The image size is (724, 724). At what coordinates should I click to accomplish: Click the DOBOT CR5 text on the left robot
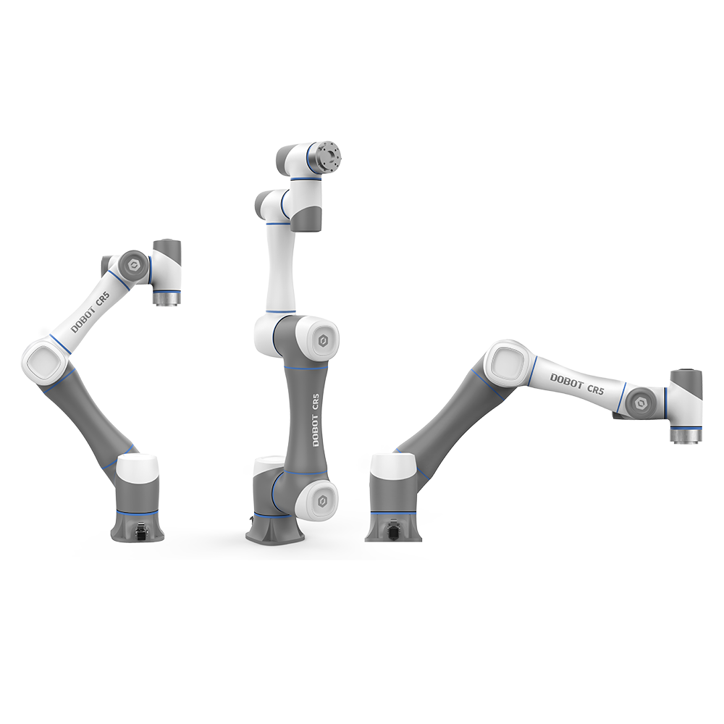pos(90,312)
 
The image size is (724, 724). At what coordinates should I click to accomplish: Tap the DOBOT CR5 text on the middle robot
pos(316,420)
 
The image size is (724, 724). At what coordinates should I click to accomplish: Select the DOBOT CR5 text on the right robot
pos(577,384)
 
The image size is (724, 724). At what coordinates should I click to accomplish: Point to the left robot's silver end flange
pos(167,298)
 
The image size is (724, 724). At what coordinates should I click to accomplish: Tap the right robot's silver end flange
pos(686,435)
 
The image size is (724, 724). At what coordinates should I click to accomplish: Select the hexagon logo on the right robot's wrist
pos(641,403)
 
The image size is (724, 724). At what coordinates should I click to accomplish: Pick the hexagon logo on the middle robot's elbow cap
pos(323,341)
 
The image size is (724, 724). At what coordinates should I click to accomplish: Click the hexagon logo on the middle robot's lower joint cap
pos(323,500)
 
